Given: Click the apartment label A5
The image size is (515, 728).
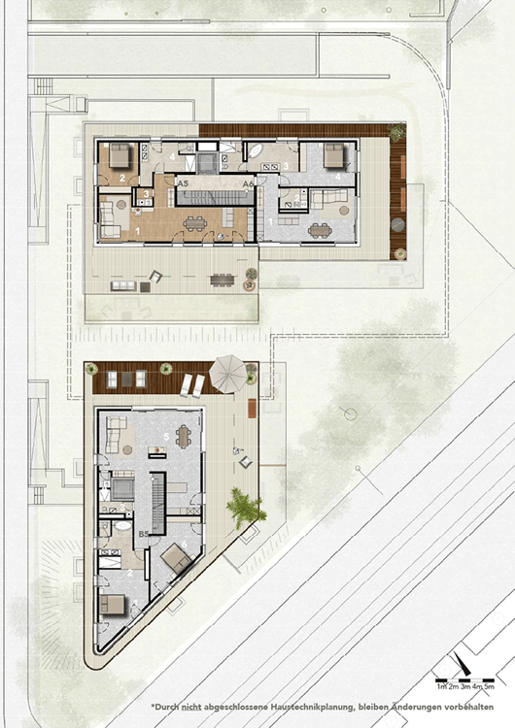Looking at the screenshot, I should pyautogui.click(x=183, y=182).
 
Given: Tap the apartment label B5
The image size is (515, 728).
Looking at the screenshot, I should pyautogui.click(x=144, y=533).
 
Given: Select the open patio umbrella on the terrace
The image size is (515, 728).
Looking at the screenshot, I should pyautogui.click(x=229, y=370).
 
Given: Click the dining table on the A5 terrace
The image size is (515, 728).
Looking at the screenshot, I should pyautogui.click(x=223, y=280).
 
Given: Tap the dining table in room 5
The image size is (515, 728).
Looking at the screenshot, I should pyautogui.click(x=182, y=436).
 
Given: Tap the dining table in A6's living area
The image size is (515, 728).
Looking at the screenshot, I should pyautogui.click(x=320, y=229).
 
